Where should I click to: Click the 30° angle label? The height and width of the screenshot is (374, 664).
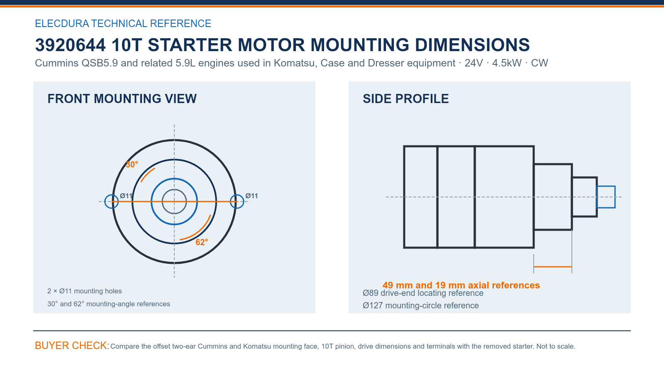coord(132,165)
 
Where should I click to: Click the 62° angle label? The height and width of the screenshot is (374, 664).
coord(202,242)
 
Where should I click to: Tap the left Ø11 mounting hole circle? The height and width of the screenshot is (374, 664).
coord(112,202)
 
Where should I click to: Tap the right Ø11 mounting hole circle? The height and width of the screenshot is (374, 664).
coord(237,202)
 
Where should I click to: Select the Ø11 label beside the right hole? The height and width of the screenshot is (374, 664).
coord(251,196)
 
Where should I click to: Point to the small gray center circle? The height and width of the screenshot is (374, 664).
coord(174,189)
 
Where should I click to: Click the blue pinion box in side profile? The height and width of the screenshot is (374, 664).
coord(606,186)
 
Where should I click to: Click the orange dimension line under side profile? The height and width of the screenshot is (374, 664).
coord(553,267)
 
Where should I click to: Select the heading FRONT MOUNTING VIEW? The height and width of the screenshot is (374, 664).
coord(122,99)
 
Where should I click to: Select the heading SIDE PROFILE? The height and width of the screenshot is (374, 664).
coord(406,99)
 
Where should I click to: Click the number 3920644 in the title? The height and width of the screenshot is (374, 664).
coord(70,45)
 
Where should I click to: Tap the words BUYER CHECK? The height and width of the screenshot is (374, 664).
coord(72,345)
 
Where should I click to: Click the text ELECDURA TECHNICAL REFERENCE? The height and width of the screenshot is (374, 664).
coord(123,23)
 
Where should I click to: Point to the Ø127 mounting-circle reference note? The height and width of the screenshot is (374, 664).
coord(421,305)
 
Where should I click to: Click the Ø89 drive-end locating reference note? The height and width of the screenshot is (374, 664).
coord(423,293)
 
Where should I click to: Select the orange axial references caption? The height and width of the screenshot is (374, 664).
coord(461,285)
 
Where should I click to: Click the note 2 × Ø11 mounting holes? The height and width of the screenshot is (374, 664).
coord(85,291)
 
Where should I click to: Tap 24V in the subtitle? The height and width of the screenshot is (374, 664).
coord(474,63)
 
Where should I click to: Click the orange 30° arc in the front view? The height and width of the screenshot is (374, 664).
coord(147,175)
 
